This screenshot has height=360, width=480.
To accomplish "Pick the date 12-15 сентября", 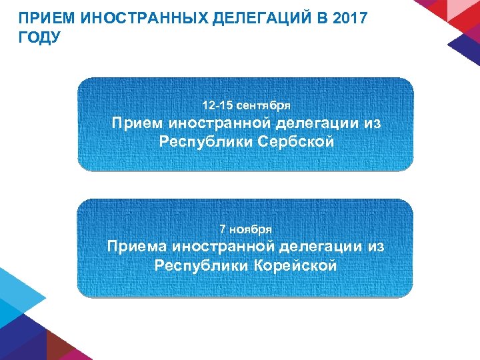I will click(x=246, y=105).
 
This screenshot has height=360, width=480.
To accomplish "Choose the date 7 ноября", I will click(x=246, y=229).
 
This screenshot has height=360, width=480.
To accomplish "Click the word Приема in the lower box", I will click(x=137, y=247).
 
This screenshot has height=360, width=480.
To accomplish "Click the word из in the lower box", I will click(x=376, y=247).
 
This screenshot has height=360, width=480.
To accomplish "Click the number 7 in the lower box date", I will click(x=223, y=229).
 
